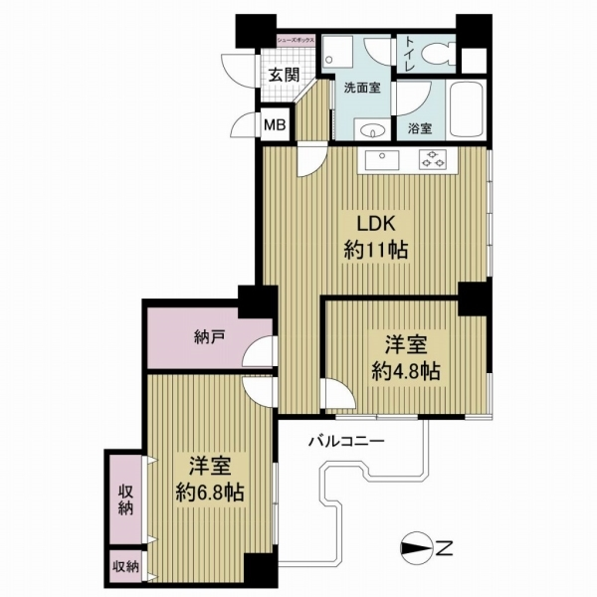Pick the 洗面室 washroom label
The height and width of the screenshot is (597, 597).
[363, 88]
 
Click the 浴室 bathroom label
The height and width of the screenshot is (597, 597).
[420, 127]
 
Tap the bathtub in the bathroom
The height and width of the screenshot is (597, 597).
[465, 112]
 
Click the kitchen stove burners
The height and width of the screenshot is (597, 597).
[433, 157]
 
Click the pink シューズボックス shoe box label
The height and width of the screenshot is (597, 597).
[297, 40]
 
